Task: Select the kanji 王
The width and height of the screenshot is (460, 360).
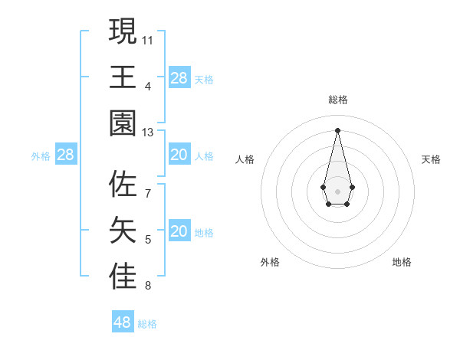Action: [123, 77]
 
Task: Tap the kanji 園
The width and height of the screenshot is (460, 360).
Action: [123, 123]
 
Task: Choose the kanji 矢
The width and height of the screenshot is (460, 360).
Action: [123, 231]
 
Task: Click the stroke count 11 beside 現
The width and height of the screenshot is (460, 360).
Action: [148, 38]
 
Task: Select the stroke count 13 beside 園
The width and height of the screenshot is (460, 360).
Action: [148, 133]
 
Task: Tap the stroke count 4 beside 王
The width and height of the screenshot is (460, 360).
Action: [148, 86]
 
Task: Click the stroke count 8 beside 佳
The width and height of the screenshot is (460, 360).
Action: [148, 286]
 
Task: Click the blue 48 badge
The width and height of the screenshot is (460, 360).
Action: [123, 322]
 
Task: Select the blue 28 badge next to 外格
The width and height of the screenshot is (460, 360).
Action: [66, 155]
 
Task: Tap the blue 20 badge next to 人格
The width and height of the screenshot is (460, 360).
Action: [179, 155]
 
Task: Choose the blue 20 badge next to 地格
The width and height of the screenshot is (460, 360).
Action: [179, 231]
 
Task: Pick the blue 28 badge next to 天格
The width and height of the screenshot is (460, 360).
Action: [179, 78]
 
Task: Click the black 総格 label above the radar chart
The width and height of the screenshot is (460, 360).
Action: [338, 100]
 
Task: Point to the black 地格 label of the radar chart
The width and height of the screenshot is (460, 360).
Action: [402, 262]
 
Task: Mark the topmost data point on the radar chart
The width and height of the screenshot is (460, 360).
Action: [337, 129]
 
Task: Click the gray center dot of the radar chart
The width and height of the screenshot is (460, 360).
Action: [337, 191]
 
